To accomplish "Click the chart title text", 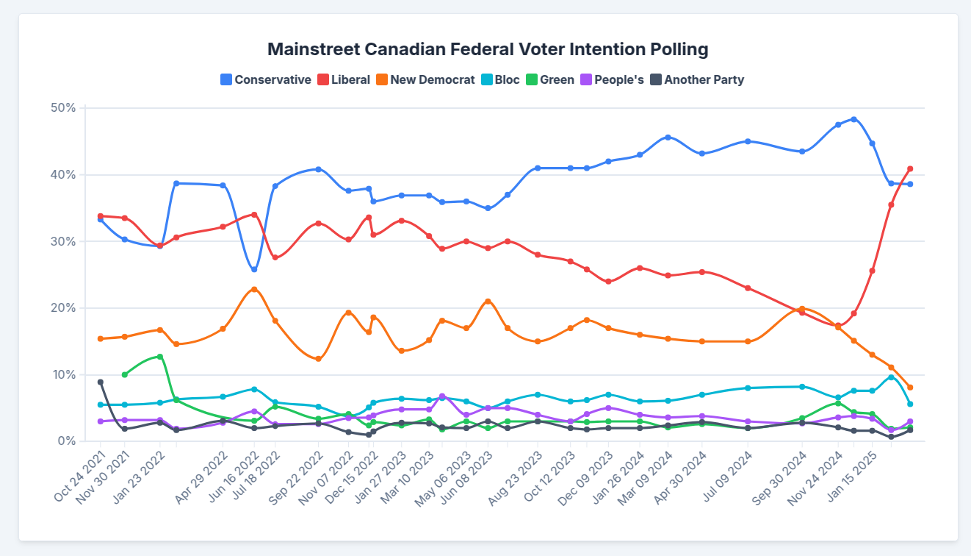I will [488, 49].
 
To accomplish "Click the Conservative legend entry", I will [265, 79].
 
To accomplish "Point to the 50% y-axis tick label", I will [63, 108].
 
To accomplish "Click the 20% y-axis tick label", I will [63, 308].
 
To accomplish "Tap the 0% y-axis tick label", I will [66, 441].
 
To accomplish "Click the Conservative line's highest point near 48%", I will [853, 119].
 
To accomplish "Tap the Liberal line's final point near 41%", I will [910, 169].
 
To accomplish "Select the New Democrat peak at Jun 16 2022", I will [254, 289].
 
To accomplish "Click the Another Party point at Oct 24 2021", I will [101, 382].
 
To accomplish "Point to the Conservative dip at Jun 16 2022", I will [254, 269].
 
